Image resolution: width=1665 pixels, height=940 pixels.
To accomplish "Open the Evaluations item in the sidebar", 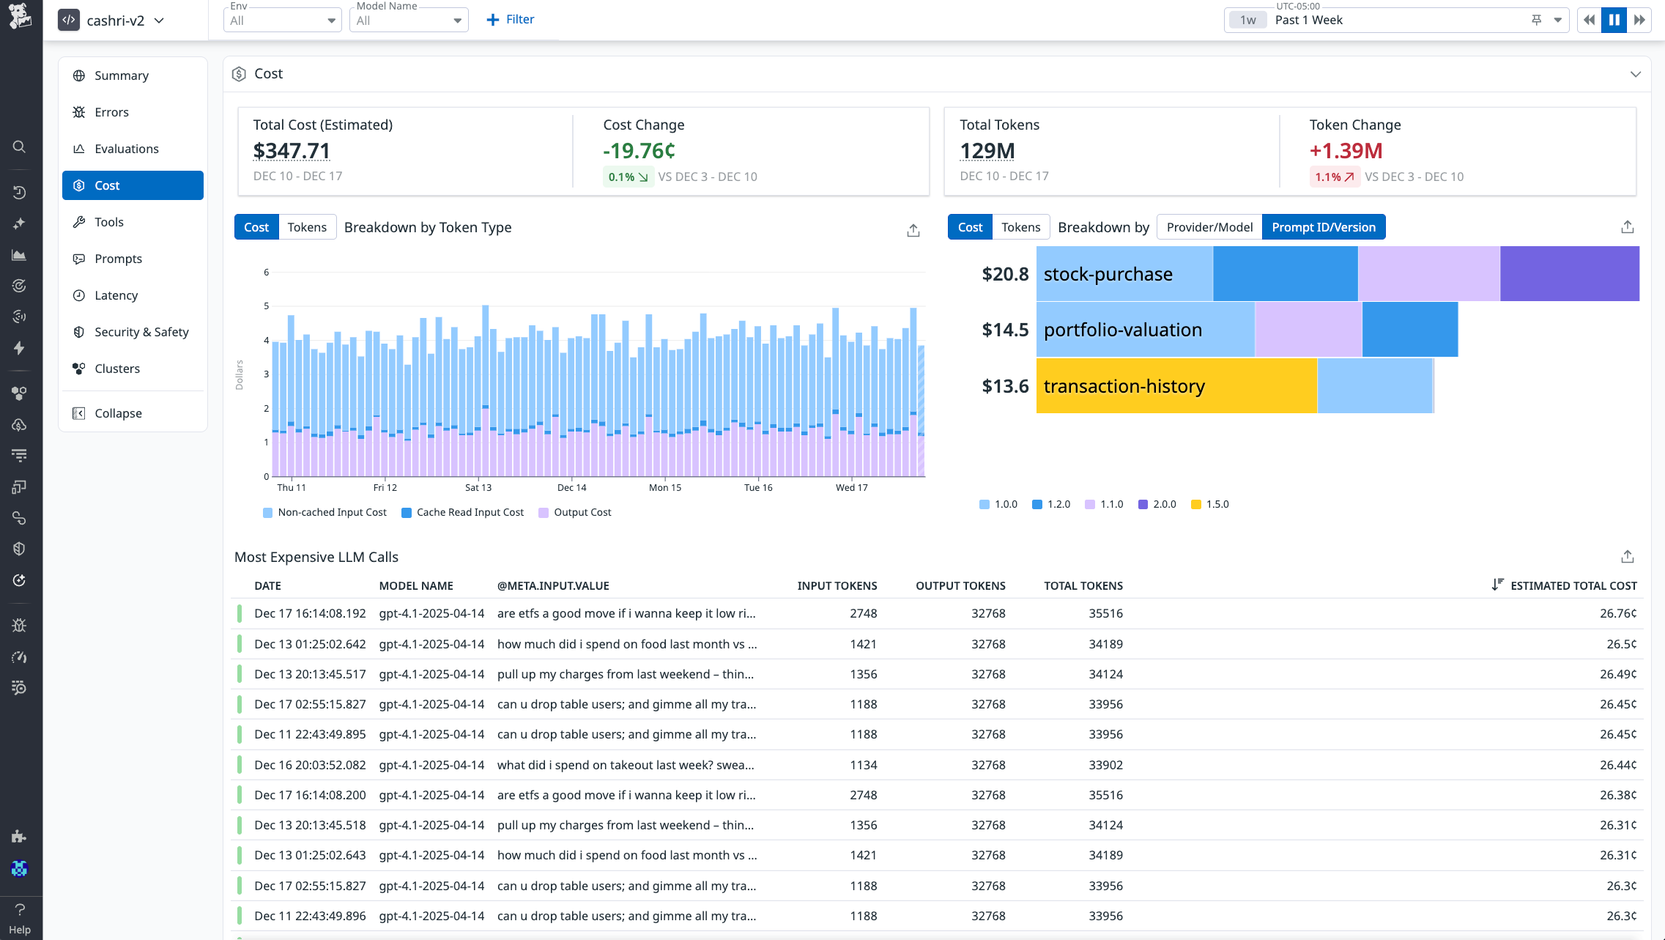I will point(126,149).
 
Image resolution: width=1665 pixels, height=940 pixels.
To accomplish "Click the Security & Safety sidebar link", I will point(141,332).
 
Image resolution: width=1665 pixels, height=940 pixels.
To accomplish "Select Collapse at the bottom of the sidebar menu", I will point(117,413).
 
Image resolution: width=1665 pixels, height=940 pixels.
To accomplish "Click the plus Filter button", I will point(511,20).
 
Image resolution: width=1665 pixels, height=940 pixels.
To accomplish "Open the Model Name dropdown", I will point(408,21).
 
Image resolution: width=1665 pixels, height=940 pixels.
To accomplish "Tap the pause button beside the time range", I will point(1614,21).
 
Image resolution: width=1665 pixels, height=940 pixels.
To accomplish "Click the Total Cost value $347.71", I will point(292,151).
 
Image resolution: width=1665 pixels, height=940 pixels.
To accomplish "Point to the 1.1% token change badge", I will point(1334,177).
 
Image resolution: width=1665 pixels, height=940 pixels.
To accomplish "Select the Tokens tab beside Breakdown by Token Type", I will point(307,227).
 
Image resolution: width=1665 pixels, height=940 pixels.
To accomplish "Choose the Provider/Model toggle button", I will point(1209,227).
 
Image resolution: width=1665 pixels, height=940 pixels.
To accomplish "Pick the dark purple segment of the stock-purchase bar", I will point(1569,274).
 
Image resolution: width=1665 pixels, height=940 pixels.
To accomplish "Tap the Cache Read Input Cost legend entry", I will point(463,512).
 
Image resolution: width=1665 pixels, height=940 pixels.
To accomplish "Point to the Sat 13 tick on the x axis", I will point(478,487).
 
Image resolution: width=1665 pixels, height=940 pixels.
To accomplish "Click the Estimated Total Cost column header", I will point(1573,585).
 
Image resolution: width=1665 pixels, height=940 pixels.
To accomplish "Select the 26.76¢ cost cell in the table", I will point(1617,613).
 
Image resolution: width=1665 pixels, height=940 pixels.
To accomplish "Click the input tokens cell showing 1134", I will point(863,765).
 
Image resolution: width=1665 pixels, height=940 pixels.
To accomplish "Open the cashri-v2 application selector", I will point(114,21).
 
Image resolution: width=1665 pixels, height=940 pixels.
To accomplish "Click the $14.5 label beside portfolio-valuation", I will point(1005,330).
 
